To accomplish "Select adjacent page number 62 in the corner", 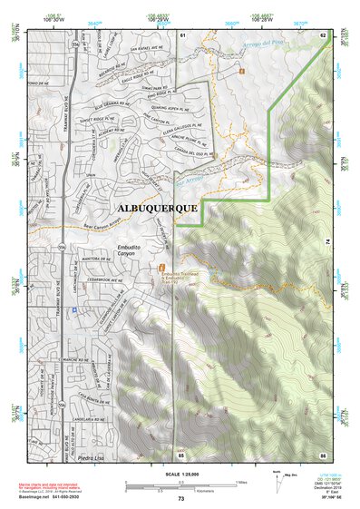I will pyautogui.click(x=323, y=34).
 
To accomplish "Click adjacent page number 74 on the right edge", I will pyautogui.click(x=325, y=241).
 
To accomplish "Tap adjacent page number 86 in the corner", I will pyautogui.click(x=322, y=454).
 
